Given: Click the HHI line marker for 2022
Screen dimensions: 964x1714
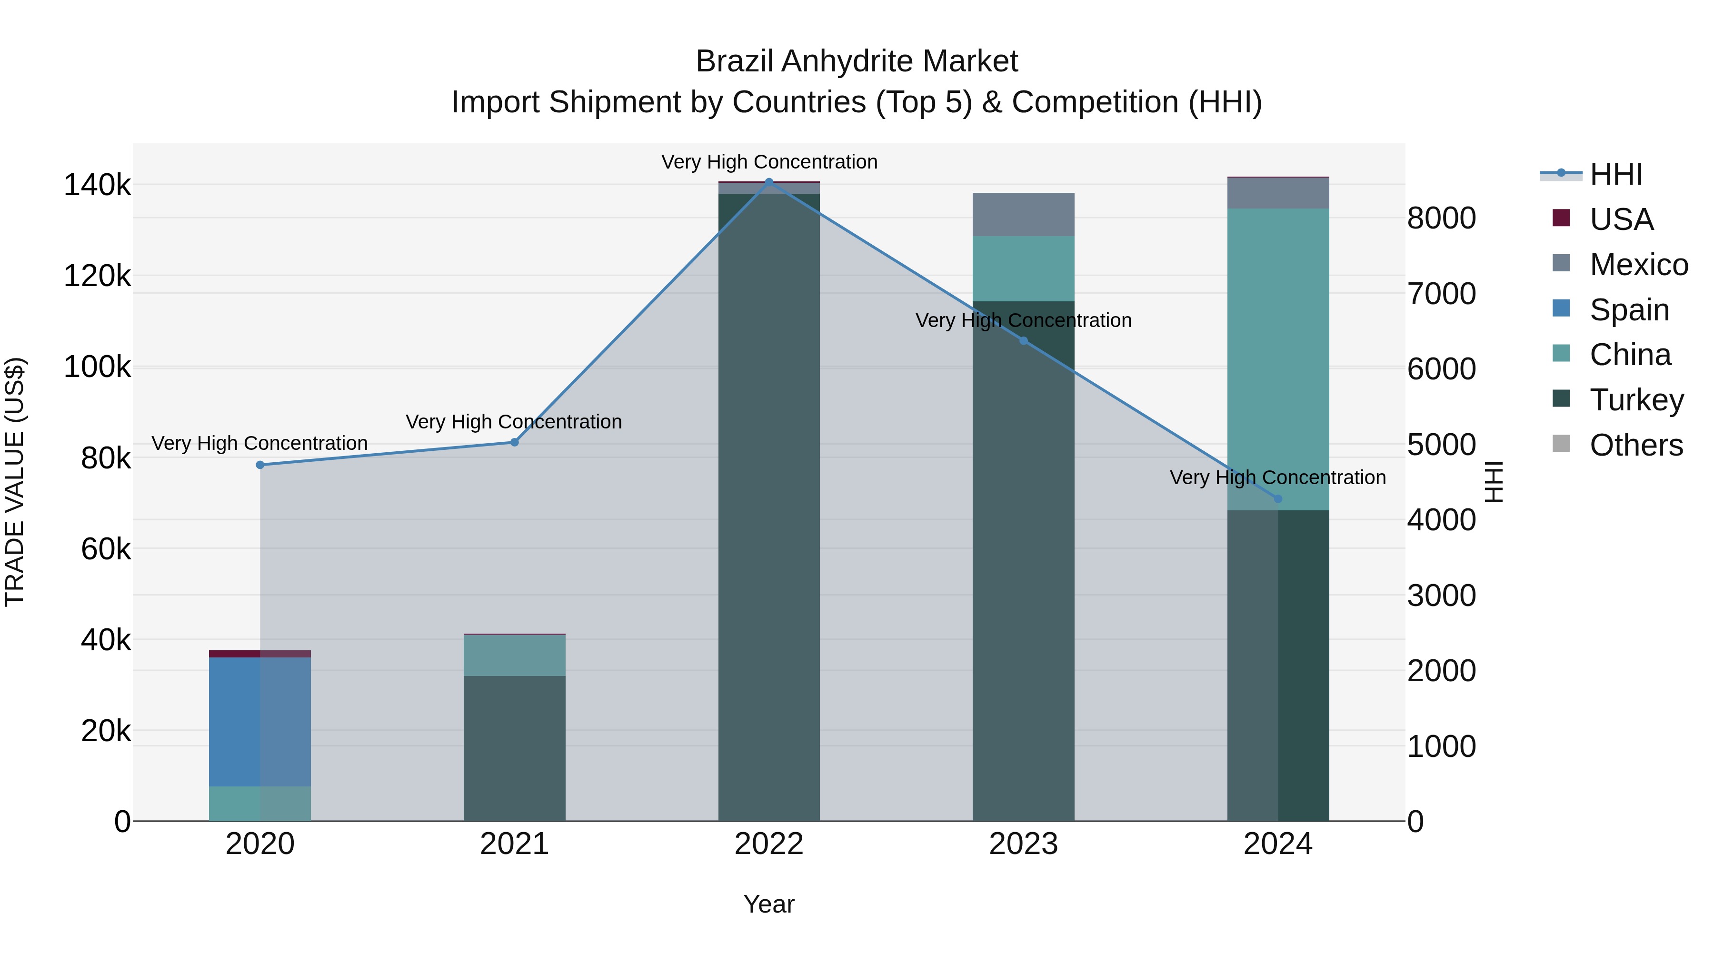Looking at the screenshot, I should [x=769, y=182].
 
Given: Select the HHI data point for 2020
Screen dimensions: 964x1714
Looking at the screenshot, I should [x=260, y=465].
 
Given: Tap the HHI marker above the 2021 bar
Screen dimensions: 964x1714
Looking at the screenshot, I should [x=514, y=442].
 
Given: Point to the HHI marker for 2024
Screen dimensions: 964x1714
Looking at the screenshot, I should [x=1277, y=499].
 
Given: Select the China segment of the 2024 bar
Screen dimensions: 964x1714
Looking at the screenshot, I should [x=1277, y=359].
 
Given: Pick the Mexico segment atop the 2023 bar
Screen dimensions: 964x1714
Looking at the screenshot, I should [x=1023, y=214].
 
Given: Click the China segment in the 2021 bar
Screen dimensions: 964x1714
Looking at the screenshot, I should [x=514, y=656].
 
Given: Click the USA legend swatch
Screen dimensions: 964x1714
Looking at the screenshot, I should [x=1561, y=218].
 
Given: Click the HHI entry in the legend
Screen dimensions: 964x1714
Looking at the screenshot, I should [x=1615, y=174].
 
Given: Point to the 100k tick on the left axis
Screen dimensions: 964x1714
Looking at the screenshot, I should [x=97, y=367].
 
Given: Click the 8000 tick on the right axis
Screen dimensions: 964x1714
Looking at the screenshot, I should [x=1441, y=218].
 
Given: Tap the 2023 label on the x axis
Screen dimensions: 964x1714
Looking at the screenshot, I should [x=1023, y=844].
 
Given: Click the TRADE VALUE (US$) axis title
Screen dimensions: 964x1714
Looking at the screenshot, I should [x=15, y=482].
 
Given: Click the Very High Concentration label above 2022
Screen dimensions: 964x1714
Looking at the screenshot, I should [x=769, y=162].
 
